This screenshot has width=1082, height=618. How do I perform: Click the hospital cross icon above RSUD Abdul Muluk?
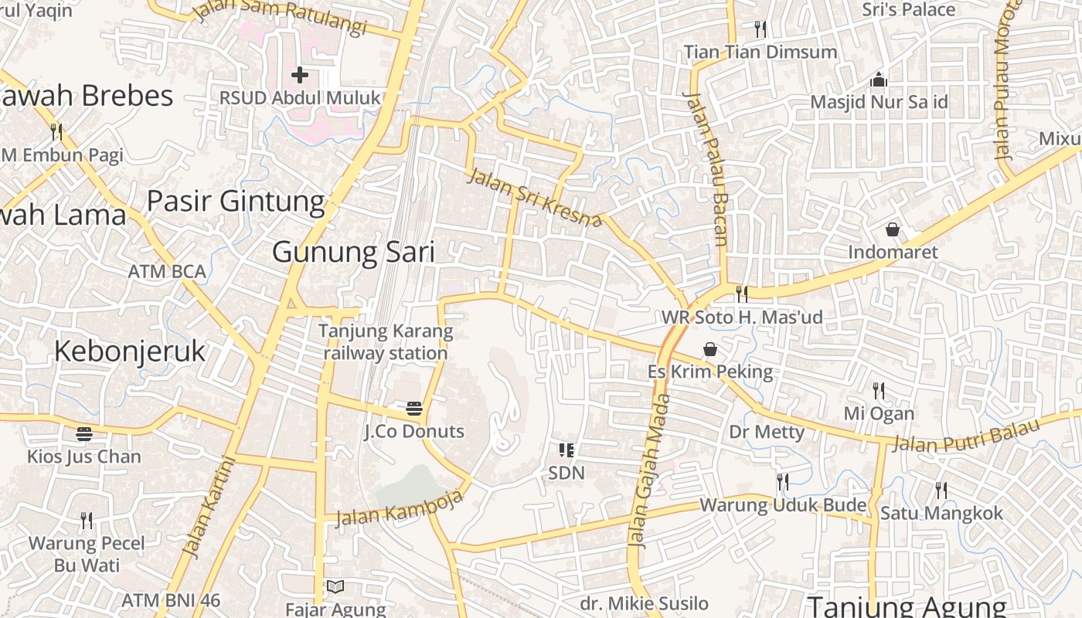pos(300,75)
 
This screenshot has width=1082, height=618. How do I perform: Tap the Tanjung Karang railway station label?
pos(386,342)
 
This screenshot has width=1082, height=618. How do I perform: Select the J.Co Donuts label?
pos(414,431)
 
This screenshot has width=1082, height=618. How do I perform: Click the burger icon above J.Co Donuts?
pos(414,408)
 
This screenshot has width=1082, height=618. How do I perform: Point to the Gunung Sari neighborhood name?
pos(353,253)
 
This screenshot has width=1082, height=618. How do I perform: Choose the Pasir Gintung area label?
pos(236,201)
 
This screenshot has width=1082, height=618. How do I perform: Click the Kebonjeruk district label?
pos(130,351)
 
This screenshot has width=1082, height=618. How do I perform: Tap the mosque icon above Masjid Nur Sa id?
pos(878,80)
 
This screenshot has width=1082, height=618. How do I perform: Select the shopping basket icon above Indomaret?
pos(893,229)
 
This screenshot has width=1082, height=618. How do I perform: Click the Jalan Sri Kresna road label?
pos(535,199)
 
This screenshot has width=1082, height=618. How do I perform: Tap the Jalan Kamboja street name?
pos(400,508)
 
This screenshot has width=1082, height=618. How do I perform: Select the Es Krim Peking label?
pos(709,372)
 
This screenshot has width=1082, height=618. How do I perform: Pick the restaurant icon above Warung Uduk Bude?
pos(782,482)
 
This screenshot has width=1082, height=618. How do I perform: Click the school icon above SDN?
pos(566,450)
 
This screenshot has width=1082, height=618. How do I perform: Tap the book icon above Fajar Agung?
pos(335,587)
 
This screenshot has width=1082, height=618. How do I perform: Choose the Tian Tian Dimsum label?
pos(760,52)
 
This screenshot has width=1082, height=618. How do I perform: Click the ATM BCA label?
pos(167,271)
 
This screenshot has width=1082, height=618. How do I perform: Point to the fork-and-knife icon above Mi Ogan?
pos(878,390)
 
